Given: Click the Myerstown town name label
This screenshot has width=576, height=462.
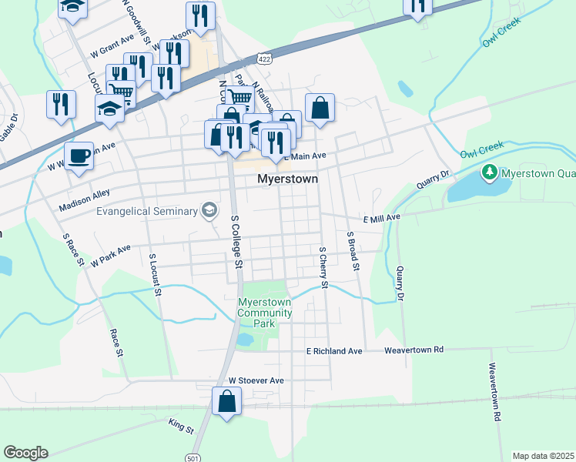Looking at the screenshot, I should tap(286, 179).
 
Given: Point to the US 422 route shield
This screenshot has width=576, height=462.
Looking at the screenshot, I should tap(263, 59).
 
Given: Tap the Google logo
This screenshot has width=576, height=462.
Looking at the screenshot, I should tap(25, 453).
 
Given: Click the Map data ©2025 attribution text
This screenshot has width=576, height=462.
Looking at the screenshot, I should tap(542, 456).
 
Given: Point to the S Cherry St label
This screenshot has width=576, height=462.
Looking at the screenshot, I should tap(323, 268).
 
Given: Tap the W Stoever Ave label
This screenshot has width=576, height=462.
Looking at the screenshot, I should tap(256, 380).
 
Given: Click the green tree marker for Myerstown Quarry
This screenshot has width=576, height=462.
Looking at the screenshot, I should tap(487, 171).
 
